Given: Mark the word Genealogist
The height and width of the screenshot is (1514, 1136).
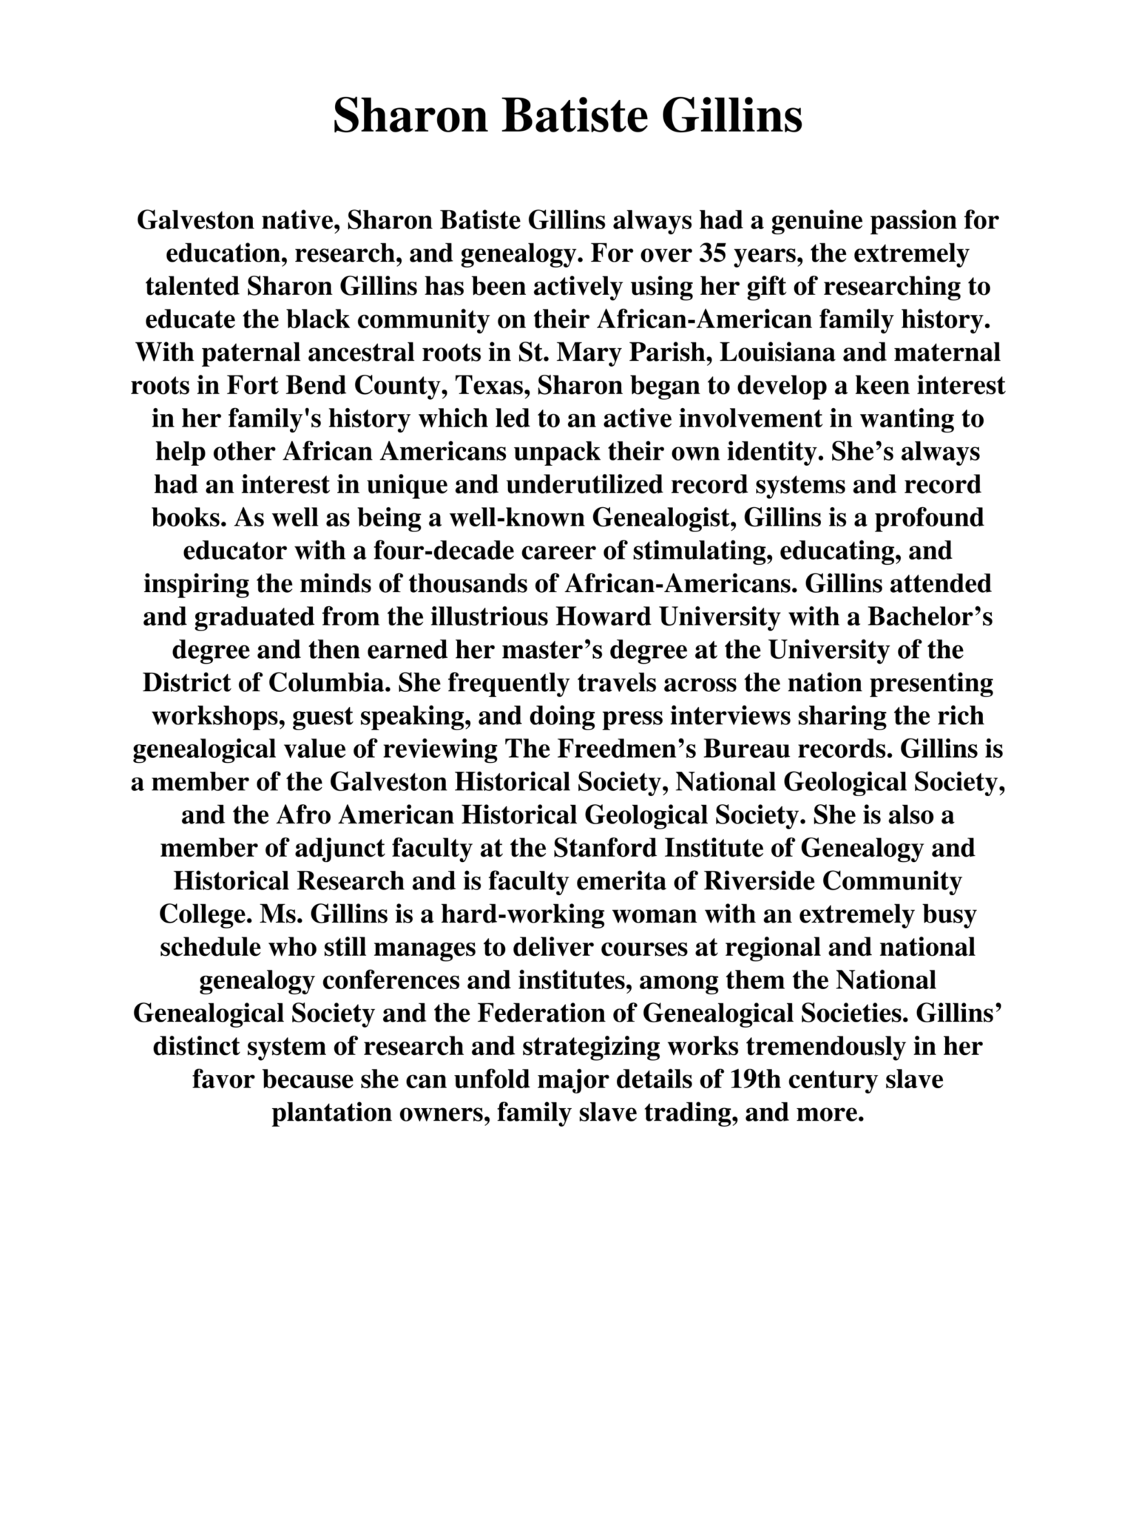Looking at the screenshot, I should point(661,517).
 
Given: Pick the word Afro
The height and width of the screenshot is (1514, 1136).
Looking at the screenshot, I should point(304,815).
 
